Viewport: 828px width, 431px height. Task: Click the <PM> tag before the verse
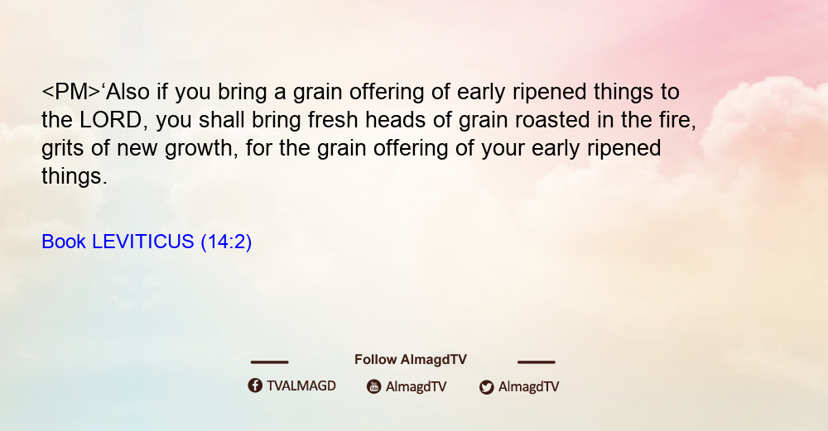(x=70, y=92)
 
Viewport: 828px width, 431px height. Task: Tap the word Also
(x=128, y=92)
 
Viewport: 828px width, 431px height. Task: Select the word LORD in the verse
(x=111, y=120)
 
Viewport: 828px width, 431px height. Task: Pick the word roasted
(x=552, y=120)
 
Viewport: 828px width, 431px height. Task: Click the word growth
(x=199, y=148)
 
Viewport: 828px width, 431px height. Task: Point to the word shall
(x=222, y=120)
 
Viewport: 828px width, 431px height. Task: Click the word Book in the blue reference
(x=64, y=242)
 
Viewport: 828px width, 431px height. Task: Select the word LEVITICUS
(x=143, y=242)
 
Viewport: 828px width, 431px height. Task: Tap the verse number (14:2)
(x=226, y=242)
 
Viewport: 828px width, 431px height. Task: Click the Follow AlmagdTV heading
(x=411, y=360)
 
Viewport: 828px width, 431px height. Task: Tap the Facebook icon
(x=255, y=386)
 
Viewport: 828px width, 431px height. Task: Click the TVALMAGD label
(x=301, y=386)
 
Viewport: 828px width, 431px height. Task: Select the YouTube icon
(x=374, y=386)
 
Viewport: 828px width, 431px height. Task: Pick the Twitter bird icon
(x=487, y=387)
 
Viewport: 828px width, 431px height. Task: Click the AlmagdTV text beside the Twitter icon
(x=528, y=386)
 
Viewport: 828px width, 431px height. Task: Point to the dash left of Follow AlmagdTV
(x=269, y=362)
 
